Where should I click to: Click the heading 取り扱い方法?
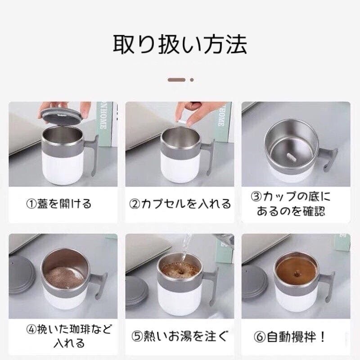pyautogui.click(x=180, y=44)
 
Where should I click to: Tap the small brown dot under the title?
pyautogui.click(x=192, y=80)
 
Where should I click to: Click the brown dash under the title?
pyautogui.click(x=176, y=80)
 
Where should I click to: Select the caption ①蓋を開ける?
pyautogui.click(x=59, y=203)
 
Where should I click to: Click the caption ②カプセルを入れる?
pyautogui.click(x=180, y=203)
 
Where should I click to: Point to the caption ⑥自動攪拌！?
pyautogui.click(x=290, y=337)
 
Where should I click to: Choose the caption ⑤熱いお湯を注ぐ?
pyautogui.click(x=180, y=336)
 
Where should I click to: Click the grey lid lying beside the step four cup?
pyautogui.click(x=21, y=274)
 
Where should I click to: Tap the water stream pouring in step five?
pyautogui.click(x=185, y=250)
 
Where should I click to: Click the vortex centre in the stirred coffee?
pyautogui.click(x=297, y=274)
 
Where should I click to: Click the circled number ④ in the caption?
pyautogui.click(x=31, y=330)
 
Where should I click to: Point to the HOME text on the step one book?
pyautogui.click(x=103, y=119)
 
